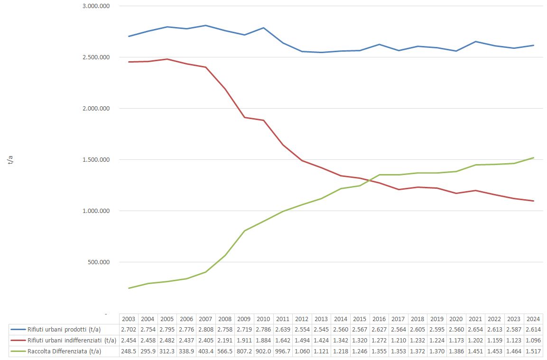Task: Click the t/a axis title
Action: [10, 160]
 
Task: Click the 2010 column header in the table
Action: [263, 319]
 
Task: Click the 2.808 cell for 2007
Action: [205, 330]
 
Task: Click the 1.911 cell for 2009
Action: [244, 341]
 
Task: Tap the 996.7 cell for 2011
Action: [283, 351]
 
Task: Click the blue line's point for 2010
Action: [263, 28]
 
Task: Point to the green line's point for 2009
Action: [244, 231]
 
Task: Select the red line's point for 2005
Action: [167, 59]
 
